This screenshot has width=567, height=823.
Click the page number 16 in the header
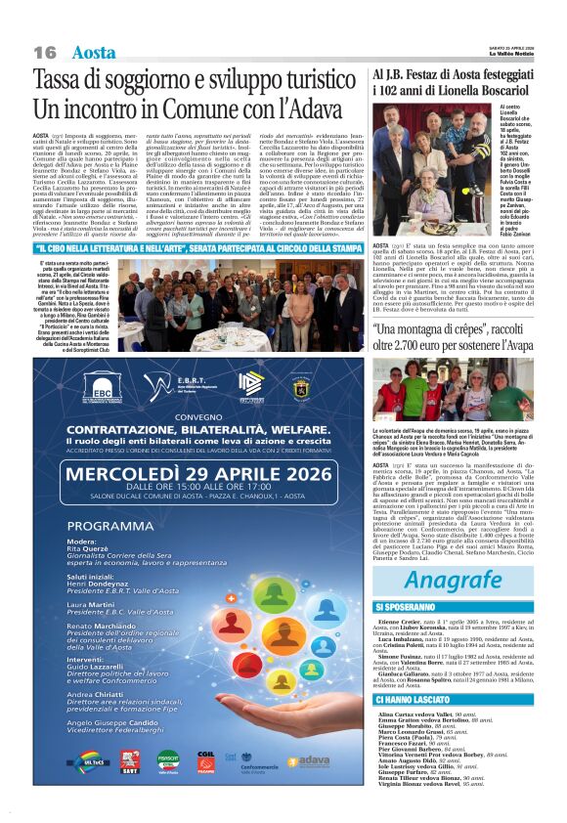pyautogui.click(x=45, y=51)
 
